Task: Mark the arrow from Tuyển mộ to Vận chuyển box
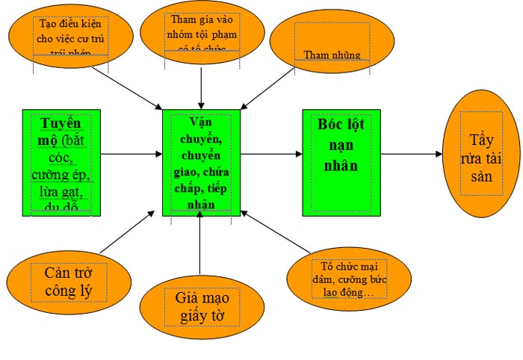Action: (131, 154)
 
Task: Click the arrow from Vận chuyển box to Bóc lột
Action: (271, 154)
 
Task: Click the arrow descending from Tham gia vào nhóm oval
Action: (202, 82)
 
